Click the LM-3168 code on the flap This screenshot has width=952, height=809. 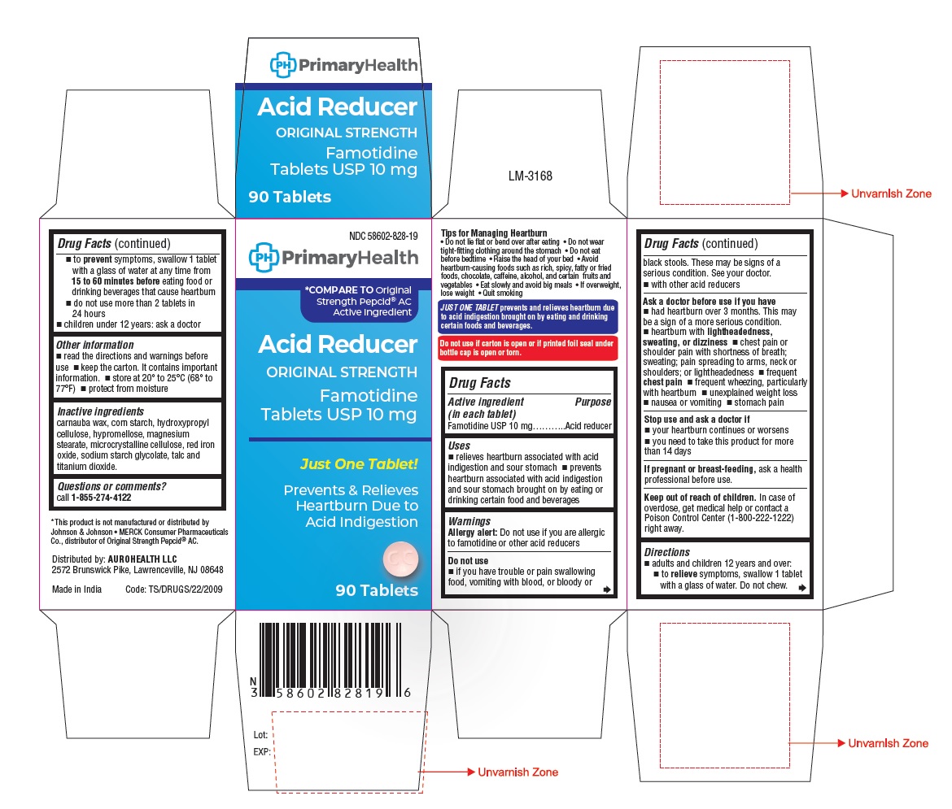pos(530,176)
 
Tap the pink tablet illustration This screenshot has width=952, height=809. pos(400,559)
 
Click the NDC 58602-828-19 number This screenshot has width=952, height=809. pos(383,236)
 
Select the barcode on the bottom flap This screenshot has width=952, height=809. pos(331,660)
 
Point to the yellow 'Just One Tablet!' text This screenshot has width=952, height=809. pos(359,464)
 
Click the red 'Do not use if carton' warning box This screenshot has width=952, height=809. pos(527,348)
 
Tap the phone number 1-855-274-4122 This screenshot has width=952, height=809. pos(101,498)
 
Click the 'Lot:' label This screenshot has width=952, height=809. pos(260,735)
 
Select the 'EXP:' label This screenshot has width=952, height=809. pos(262,751)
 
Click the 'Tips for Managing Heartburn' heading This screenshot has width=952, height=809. pos(494,233)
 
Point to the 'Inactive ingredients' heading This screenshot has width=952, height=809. pos(100,411)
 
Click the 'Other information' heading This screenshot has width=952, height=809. pos(94,345)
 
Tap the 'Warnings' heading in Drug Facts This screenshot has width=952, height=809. pos(469,521)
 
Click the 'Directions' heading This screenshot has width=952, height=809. pos(666,552)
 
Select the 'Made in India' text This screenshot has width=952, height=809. pos(76,589)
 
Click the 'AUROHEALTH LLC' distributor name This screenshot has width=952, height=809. pos(142,559)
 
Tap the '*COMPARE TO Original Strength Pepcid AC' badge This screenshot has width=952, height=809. pos(358,301)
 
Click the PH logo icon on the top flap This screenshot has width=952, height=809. pos(283,65)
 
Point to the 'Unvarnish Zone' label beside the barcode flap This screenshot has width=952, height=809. pos(517,772)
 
